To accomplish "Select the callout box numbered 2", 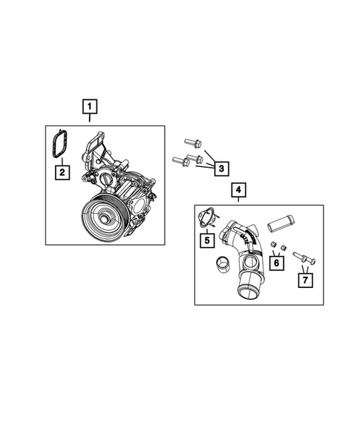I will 63,174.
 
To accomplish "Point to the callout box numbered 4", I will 238,191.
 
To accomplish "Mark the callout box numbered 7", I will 304,280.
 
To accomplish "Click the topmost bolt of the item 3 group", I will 191,141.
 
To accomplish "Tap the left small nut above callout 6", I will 272,245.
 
